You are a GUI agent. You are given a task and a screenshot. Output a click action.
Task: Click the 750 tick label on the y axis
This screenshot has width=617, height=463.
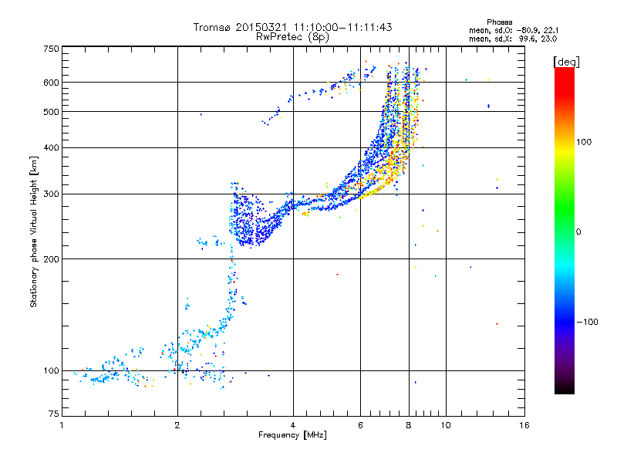click(x=51, y=49)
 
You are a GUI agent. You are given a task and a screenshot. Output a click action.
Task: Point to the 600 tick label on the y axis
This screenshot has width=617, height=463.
click(x=51, y=83)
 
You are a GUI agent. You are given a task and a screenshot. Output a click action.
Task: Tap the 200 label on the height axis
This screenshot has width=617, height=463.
click(x=51, y=259)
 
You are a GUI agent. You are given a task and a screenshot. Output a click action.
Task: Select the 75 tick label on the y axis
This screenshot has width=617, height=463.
click(x=53, y=414)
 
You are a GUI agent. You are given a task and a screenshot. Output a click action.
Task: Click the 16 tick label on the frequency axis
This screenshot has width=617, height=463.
click(x=524, y=425)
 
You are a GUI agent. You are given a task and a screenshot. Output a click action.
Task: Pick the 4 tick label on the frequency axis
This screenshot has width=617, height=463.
click(x=293, y=425)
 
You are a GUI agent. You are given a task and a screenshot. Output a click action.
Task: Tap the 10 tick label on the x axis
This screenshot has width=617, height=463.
click(x=446, y=425)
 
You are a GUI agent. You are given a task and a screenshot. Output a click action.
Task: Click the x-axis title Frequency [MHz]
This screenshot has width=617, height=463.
click(x=292, y=435)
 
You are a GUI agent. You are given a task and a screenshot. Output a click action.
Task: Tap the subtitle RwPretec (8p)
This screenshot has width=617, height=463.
click(x=292, y=37)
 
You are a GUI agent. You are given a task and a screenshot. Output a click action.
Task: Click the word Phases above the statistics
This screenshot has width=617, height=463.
click(x=499, y=22)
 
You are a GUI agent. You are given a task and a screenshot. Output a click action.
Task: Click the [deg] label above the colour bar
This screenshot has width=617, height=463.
click(x=566, y=63)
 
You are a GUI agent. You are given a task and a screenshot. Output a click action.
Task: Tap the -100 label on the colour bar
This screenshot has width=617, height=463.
click(x=587, y=322)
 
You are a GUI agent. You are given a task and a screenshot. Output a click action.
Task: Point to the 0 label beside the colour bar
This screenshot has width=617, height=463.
click(x=578, y=232)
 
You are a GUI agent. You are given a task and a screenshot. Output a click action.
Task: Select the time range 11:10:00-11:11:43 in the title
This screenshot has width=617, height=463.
click(x=342, y=27)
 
